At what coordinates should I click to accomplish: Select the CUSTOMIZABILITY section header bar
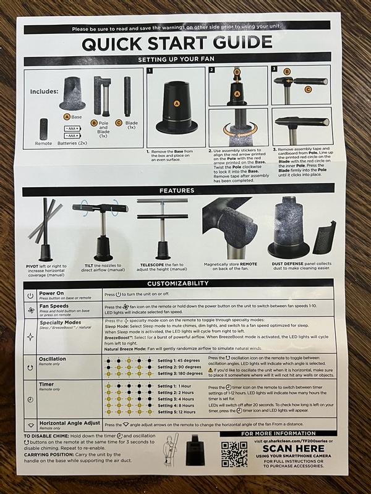click(x=185, y=283)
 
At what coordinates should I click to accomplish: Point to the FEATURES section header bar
click(x=185, y=191)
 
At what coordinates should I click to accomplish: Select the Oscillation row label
click(x=53, y=358)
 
